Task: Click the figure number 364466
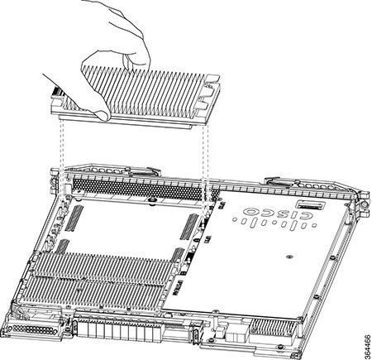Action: [x=367, y=347]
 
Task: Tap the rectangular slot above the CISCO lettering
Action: [x=310, y=205]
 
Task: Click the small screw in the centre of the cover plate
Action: [x=289, y=257]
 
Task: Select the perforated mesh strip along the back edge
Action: [x=138, y=188]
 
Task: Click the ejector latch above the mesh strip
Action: [x=143, y=171]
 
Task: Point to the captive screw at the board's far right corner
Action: [x=365, y=204]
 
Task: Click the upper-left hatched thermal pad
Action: [x=74, y=218]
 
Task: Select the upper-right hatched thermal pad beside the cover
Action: [x=189, y=227]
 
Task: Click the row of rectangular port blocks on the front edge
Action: [x=118, y=329]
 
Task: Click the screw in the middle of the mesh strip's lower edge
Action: [x=150, y=199]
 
